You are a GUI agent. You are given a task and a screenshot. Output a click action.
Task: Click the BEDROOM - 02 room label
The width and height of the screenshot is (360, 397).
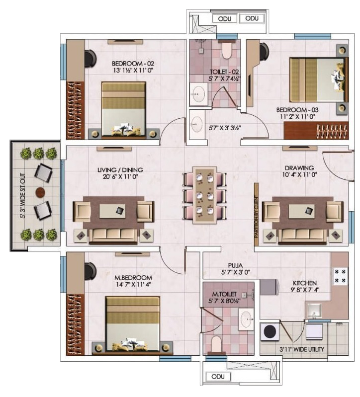coord(133,63)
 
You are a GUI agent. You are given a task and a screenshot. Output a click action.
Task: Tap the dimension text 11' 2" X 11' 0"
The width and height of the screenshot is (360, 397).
coord(297,117)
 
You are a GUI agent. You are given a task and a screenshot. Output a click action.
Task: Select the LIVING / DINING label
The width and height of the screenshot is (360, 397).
coord(120,170)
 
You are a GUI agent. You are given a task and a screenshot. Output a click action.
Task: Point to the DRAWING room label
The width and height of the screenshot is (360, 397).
coord(299,167)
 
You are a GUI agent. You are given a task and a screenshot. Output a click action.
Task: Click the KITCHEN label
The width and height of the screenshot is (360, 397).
coord(304,283)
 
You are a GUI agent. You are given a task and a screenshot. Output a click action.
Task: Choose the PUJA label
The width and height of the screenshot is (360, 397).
coord(235,266)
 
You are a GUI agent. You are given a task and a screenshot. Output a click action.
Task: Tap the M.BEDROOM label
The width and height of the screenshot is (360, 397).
coord(133,278)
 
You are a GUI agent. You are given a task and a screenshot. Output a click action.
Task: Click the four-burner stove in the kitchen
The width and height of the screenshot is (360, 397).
coord(340,276)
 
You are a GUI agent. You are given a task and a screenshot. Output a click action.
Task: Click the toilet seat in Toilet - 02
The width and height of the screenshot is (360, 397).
coord(226,50)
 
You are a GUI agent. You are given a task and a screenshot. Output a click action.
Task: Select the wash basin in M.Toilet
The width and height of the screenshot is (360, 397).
coord(246,319)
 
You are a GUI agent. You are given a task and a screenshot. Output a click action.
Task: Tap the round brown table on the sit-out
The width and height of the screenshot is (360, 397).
coord(40,192)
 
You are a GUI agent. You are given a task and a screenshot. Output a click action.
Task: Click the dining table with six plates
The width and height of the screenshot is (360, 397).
coord(204,195)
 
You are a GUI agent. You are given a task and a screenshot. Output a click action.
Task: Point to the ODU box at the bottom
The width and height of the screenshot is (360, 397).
coord(218,376)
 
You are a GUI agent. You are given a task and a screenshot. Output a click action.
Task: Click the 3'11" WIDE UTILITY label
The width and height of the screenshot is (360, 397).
coord(301,350)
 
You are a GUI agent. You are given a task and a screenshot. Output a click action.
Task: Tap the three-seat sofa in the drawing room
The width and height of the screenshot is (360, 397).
coord(303,236)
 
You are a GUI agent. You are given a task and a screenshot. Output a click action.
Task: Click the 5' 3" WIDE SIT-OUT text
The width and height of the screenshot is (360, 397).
coord(22,195)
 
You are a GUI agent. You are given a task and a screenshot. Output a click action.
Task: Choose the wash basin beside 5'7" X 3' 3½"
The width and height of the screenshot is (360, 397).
coord(196,124)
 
